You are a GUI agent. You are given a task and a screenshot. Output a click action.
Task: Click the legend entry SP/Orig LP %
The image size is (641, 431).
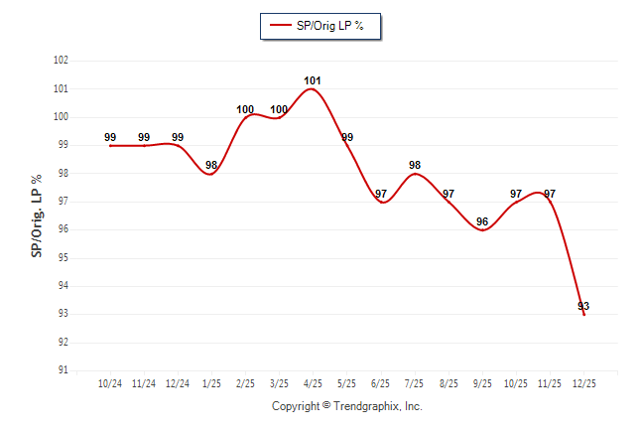point(320,26)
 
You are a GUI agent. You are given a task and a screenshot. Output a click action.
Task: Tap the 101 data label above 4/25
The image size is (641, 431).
point(313,80)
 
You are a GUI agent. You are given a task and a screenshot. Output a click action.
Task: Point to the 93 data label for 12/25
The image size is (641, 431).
point(583,306)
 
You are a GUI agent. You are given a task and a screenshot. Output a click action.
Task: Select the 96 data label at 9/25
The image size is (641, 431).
point(482,221)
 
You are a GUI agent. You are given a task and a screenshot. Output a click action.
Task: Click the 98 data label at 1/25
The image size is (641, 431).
point(211,165)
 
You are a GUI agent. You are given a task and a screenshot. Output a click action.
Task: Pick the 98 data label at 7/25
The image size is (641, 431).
point(415,165)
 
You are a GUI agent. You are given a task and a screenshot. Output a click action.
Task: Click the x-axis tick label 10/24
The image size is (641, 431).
point(110,382)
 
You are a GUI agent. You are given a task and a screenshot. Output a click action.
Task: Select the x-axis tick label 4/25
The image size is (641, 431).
point(313,382)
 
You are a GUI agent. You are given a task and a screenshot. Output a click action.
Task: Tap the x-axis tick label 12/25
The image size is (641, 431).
point(583,382)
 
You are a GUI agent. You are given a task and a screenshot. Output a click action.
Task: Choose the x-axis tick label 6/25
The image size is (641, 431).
point(381,382)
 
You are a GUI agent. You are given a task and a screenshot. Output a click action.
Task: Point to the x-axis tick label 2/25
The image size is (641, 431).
point(245,382)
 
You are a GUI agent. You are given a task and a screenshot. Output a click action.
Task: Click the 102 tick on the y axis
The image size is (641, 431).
point(61,61)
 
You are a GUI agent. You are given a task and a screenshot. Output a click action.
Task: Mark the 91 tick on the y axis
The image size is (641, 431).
point(63,370)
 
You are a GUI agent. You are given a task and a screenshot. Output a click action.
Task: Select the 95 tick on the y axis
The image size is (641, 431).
point(63,258)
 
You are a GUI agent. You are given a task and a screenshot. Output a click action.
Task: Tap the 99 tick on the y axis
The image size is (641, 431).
point(63,145)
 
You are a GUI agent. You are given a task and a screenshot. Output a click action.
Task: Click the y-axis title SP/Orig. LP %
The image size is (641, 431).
point(37,215)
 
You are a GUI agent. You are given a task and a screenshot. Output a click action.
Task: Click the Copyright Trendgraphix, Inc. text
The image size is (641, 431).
point(347,406)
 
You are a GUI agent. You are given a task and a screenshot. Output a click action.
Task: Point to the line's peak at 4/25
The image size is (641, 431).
point(313,89)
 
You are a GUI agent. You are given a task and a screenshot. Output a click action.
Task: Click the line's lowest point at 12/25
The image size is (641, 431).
point(583,314)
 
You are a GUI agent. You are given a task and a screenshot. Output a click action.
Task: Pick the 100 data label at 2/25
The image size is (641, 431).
point(245,109)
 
